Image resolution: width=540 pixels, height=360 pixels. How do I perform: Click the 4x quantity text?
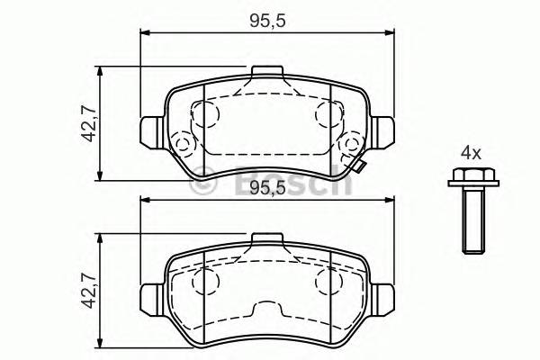[471, 149]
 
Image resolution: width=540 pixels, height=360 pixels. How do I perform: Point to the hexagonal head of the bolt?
[467, 177]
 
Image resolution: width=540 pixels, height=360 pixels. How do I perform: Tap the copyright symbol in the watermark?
[205, 184]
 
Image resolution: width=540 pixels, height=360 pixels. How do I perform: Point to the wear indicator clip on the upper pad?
[358, 166]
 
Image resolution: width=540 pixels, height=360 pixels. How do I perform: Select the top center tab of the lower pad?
[266, 239]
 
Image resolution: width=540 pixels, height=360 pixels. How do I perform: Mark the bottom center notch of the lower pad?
[266, 311]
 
